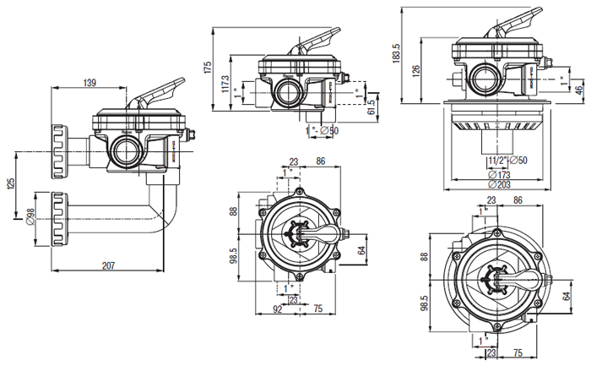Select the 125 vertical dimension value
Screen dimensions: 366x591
coord(10,183)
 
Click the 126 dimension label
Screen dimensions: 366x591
coord(415,71)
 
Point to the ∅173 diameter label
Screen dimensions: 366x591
coord(499,173)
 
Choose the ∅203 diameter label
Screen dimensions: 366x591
coord(499,184)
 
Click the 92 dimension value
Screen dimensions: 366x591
coord(277,309)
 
